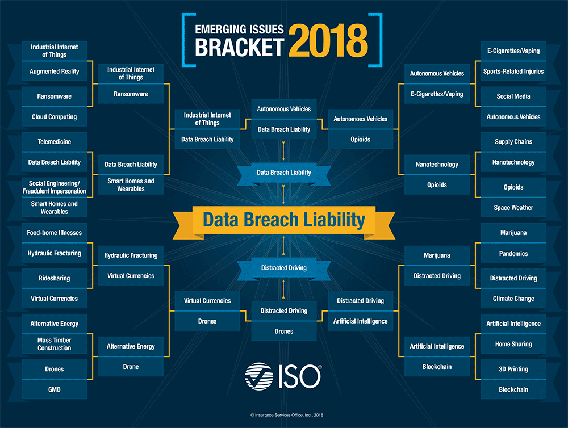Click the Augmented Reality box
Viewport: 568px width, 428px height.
[x=54, y=72]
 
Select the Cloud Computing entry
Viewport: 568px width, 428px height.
[x=54, y=117]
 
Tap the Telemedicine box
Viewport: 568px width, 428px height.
[x=54, y=142]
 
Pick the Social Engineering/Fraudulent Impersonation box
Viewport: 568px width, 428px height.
[x=54, y=187]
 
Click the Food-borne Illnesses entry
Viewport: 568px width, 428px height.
[x=54, y=233]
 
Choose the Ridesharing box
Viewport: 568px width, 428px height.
[x=54, y=278]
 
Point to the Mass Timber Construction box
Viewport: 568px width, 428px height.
[x=54, y=344]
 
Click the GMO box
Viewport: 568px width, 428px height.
[x=54, y=390]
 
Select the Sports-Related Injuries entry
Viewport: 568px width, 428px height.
[x=513, y=72]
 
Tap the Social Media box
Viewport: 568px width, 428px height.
[x=513, y=96]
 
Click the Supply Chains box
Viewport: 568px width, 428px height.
[x=513, y=142]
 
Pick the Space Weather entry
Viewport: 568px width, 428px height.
[x=513, y=208]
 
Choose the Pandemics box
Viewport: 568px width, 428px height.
[x=513, y=254]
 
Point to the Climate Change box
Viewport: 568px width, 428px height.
[x=513, y=299]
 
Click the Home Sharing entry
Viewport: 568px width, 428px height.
[x=513, y=344]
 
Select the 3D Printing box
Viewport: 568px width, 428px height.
[x=513, y=369]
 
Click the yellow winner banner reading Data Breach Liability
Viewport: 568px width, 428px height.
[x=283, y=220]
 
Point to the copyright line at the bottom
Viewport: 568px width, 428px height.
[x=283, y=415]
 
